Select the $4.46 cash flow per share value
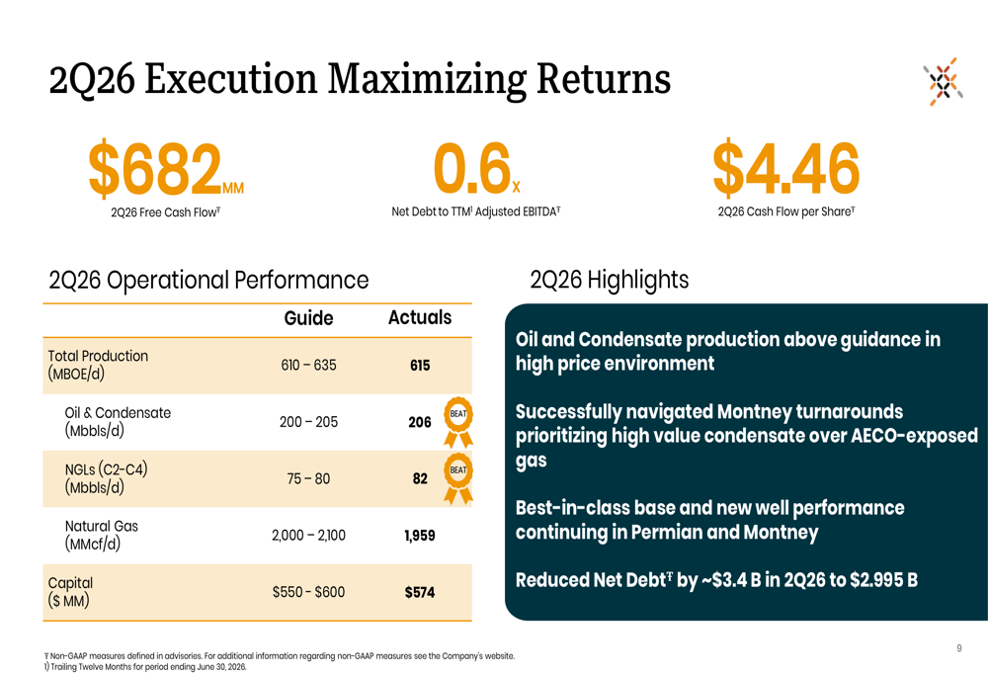point(785,168)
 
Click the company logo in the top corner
point(944,81)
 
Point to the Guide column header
point(308,317)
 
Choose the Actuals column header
point(420,317)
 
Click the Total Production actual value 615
point(420,366)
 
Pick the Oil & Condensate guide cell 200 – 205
point(308,422)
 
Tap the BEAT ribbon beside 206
point(458,422)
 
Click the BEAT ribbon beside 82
point(458,477)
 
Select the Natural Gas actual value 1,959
point(420,536)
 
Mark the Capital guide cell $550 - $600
point(308,593)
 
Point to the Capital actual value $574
point(420,593)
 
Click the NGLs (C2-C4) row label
point(106,477)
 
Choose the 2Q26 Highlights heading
point(610,280)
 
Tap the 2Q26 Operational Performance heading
point(208,281)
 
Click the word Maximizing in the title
point(427,80)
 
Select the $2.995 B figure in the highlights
point(883,580)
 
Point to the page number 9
point(959,648)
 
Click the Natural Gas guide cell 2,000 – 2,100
point(308,536)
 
